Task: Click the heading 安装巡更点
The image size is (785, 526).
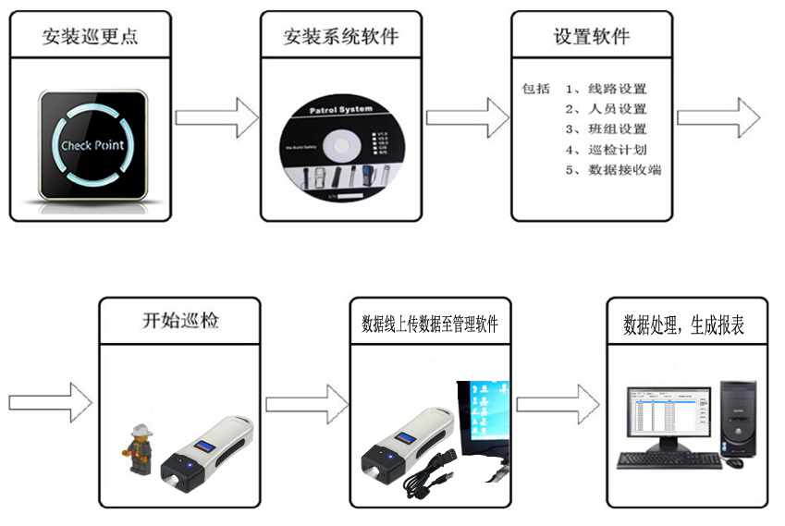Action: pos(91,37)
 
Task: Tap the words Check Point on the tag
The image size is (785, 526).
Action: pos(92,145)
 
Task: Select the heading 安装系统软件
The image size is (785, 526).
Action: pos(341,37)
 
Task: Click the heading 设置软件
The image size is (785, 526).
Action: pos(592,37)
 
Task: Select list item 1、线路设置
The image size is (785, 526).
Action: pos(607,90)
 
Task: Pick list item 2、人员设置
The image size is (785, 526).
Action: pos(607,110)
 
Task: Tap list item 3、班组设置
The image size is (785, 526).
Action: pos(607,129)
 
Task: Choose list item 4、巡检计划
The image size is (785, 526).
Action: pos(607,150)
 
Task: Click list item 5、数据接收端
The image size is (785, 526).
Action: pos(613,170)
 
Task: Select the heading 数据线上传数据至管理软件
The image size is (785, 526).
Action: pos(429,325)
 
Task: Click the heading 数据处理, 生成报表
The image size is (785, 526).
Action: pos(684,325)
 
